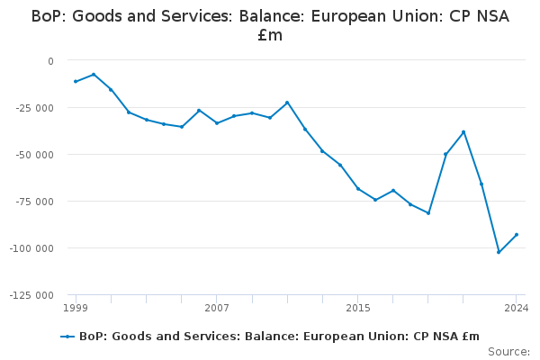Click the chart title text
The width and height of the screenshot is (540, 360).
270,25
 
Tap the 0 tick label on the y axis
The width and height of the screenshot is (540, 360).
50,61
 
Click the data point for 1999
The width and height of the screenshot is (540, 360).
76,82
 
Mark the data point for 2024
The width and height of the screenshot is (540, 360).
517,235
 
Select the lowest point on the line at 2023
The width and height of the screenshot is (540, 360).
499,252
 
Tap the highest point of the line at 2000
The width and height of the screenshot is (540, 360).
94,75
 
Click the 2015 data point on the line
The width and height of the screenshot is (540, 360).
358,189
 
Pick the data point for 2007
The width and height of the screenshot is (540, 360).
217,123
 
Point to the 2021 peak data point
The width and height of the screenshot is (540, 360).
463,132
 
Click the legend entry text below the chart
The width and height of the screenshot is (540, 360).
279,336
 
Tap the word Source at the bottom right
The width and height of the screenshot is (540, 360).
508,352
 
